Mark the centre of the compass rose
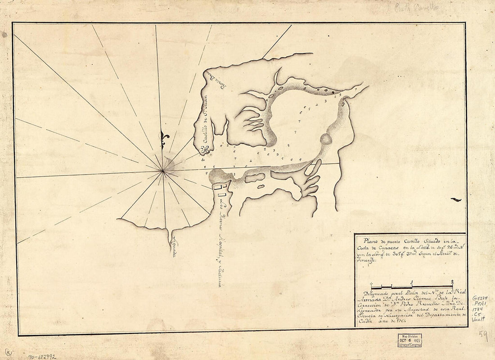(x=163, y=171)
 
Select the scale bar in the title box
(x=412, y=286)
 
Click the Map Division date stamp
(x=409, y=340)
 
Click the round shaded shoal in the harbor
(x=325, y=139)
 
